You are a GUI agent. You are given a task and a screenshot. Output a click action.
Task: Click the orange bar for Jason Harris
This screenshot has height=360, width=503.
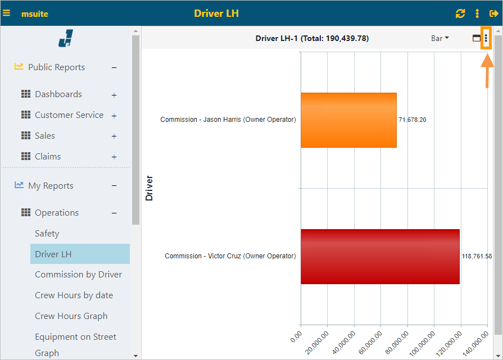348,120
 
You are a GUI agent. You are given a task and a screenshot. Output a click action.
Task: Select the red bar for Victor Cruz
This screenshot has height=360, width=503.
380,256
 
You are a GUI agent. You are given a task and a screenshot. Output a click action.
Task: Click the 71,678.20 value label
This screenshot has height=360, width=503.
412,120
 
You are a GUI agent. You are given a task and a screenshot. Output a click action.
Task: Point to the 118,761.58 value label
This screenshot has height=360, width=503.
477,256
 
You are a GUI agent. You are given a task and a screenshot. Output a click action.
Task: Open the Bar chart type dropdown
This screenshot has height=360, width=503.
439,38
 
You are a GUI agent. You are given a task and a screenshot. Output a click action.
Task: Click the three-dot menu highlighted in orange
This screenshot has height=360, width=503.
486,38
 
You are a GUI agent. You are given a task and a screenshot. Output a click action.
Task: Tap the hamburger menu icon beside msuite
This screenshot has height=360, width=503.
7,13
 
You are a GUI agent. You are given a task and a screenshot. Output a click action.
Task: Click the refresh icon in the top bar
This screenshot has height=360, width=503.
460,13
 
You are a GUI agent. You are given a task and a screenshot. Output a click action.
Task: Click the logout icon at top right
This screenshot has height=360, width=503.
494,13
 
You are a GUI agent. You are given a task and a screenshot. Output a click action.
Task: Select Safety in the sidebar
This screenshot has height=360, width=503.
47,234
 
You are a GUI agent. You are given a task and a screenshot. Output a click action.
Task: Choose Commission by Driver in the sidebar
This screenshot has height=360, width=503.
78,275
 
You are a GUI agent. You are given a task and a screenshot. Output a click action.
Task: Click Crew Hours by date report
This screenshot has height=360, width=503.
74,295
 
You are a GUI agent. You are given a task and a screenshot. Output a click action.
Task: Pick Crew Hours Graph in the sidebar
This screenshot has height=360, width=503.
71,316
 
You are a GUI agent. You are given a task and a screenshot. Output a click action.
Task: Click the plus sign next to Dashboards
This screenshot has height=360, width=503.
114,95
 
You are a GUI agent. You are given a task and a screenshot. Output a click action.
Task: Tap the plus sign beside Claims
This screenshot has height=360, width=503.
114,157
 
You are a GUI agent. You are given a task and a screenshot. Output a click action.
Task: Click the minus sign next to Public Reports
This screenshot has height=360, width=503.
114,68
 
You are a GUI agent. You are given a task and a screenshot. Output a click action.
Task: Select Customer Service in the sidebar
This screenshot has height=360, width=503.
69,115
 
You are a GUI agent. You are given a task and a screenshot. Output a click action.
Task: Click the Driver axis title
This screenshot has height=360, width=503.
149,189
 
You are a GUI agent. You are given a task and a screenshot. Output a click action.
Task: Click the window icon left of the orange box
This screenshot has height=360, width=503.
476,38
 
